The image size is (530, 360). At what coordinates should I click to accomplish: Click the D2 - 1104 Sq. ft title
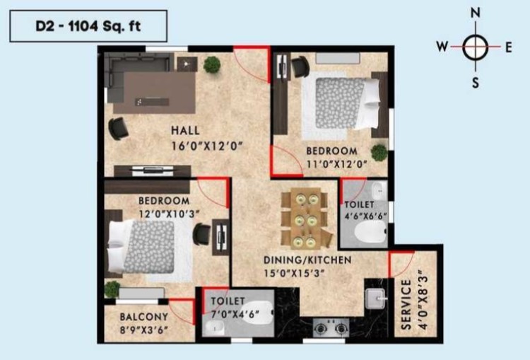(x=88, y=26)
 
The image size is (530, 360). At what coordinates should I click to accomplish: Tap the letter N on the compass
(x=476, y=13)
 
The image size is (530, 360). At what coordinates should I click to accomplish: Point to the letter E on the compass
(x=509, y=47)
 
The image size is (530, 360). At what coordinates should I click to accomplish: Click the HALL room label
(x=185, y=130)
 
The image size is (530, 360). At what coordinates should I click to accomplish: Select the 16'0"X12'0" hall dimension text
(x=207, y=146)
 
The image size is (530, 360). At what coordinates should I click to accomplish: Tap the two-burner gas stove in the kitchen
(x=331, y=327)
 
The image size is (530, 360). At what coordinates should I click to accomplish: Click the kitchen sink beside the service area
(x=376, y=298)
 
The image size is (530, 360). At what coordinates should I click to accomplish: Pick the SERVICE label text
(x=406, y=304)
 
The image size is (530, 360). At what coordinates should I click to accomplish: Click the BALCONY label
(x=144, y=317)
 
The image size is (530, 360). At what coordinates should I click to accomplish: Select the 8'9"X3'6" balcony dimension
(x=144, y=330)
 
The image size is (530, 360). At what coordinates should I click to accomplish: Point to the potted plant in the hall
(x=212, y=64)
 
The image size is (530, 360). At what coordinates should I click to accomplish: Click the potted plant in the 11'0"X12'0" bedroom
(x=379, y=153)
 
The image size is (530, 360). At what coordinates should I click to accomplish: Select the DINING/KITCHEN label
(x=307, y=260)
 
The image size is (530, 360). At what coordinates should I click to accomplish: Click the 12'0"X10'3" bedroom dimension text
(x=170, y=214)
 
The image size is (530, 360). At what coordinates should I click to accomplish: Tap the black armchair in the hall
(x=118, y=129)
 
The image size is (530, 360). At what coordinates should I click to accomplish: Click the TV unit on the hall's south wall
(x=152, y=171)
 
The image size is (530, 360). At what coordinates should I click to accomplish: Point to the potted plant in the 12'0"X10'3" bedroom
(x=112, y=289)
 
